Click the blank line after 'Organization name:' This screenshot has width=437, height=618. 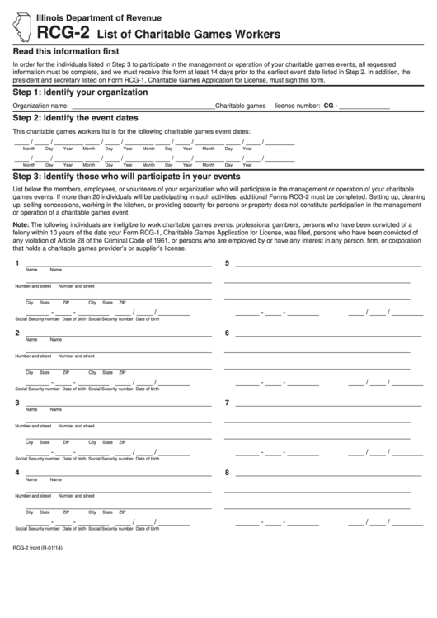(x=142, y=107)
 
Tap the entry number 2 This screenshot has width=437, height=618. (x=17, y=333)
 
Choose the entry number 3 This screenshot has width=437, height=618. (x=17, y=403)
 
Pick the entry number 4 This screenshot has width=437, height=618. (x=17, y=473)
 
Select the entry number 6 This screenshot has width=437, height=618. (x=228, y=333)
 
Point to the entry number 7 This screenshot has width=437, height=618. (x=228, y=403)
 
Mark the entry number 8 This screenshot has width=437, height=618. (x=228, y=473)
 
